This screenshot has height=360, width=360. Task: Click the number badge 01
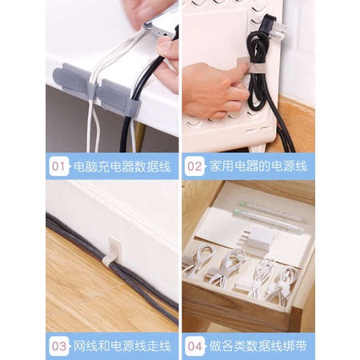(x=58, y=166)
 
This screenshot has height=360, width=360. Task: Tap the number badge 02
(x=194, y=166)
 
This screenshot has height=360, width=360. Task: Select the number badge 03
(x=58, y=346)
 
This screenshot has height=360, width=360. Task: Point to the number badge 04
(x=194, y=346)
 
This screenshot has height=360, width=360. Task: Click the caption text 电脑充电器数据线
(x=122, y=166)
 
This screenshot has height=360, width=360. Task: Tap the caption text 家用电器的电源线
(x=258, y=166)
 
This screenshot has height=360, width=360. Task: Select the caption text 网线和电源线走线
(x=122, y=346)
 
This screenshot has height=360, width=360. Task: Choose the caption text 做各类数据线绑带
(x=258, y=346)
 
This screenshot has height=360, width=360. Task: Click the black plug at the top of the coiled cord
(x=269, y=22)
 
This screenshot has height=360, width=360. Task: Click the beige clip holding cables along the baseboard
(x=114, y=250)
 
